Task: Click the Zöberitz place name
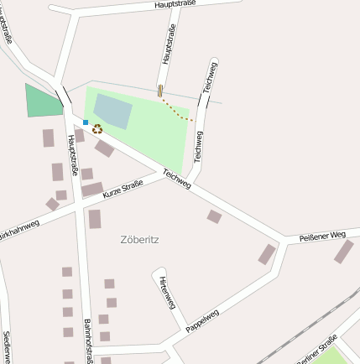coord(140,240)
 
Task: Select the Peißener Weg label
coord(322,237)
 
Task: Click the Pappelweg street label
coord(202,321)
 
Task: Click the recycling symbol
coord(97,129)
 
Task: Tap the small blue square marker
coord(86,122)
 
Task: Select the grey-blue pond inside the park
coord(112,111)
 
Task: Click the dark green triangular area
coord(43,101)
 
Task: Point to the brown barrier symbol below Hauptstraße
coord(160,91)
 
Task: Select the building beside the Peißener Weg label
coord(343,252)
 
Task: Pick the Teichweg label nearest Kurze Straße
coord(177,179)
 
